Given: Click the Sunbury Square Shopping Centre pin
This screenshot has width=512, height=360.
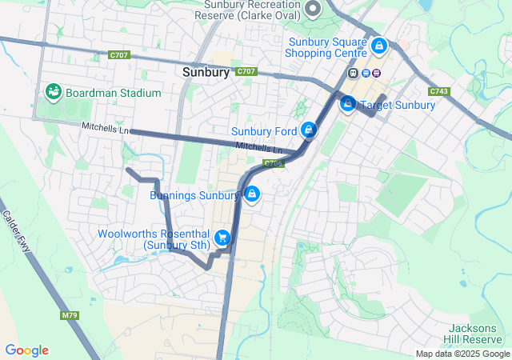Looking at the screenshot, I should pyautogui.click(x=378, y=47).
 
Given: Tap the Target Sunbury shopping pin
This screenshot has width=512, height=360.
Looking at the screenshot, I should pyautogui.click(x=348, y=104).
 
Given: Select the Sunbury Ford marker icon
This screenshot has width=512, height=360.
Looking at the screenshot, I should pyautogui.click(x=309, y=130).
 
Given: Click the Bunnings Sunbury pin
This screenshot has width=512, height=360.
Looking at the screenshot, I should pyautogui.click(x=251, y=194).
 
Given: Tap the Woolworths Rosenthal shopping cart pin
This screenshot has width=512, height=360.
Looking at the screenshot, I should pyautogui.click(x=223, y=237).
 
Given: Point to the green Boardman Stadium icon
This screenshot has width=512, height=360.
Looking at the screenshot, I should pyautogui.click(x=54, y=92).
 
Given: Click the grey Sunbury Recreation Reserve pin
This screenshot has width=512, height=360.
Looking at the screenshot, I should pyautogui.click(x=313, y=10).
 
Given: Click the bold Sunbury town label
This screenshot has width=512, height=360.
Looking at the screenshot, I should pyautogui.click(x=206, y=72).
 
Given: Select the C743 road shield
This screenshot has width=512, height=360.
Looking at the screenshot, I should pyautogui.click(x=440, y=91).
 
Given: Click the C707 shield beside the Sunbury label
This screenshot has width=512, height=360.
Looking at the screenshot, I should pyautogui.click(x=246, y=72).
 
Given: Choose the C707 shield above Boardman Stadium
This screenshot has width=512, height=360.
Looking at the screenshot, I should pyautogui.click(x=120, y=55).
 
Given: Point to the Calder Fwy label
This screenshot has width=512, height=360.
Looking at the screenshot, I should pyautogui.click(x=17, y=232).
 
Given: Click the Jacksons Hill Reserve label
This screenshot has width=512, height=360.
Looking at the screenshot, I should pyautogui.click(x=478, y=334).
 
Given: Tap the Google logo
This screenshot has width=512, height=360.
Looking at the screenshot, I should pyautogui.click(x=26, y=350).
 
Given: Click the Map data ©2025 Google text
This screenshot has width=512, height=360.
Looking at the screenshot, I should pyautogui.click(x=462, y=354).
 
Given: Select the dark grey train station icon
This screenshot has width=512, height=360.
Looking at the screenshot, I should pyautogui.click(x=352, y=73).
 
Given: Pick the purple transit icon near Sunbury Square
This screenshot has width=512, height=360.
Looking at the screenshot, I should pyautogui.click(x=377, y=73).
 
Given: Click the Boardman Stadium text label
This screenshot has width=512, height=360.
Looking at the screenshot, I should pyautogui.click(x=114, y=93).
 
